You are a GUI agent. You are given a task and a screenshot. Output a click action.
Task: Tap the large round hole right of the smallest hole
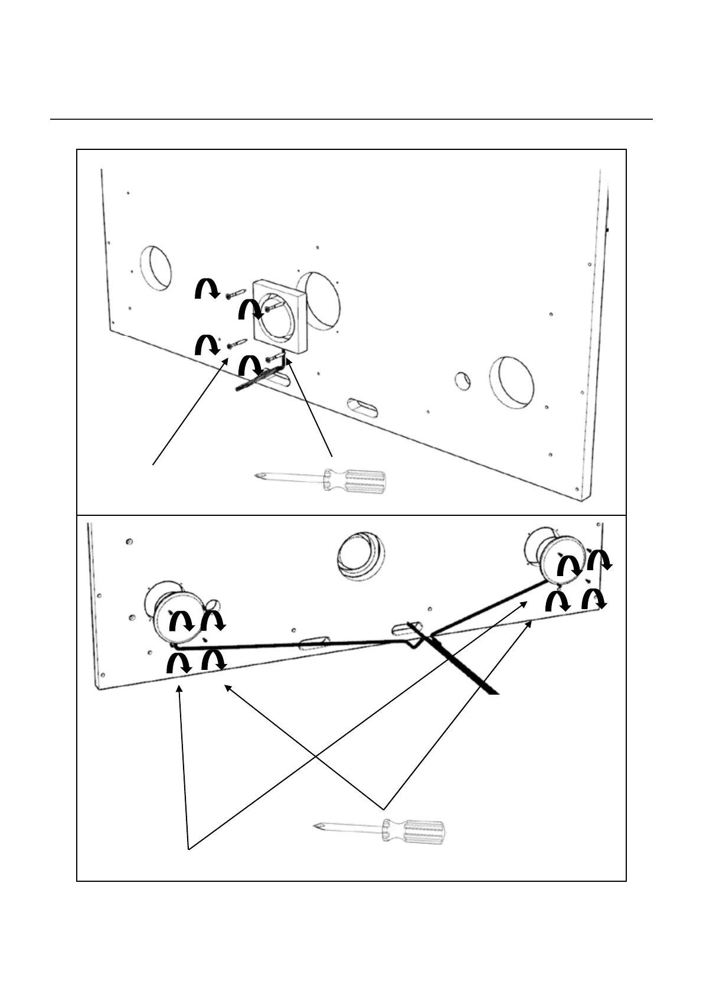512,382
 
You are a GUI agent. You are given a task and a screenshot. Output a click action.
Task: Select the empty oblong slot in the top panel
364,408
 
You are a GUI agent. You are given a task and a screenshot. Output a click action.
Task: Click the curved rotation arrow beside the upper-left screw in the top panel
207,290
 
